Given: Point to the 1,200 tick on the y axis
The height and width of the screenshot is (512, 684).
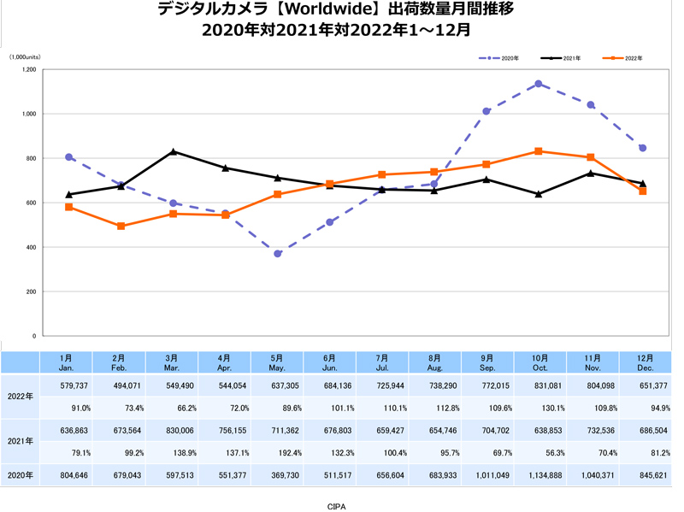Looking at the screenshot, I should coord(29,69).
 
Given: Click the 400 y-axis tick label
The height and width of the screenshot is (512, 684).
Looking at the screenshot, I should coord(31,247).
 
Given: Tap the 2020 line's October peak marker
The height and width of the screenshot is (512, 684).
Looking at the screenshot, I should coord(539,84).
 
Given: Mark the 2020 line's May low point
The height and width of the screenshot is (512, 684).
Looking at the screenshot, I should coord(278,254).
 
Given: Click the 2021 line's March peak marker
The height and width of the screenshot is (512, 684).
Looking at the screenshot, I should coord(174,151).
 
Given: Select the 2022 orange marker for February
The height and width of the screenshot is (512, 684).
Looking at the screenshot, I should coord(121,227).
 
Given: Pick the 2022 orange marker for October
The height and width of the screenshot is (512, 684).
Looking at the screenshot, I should coord(539,151).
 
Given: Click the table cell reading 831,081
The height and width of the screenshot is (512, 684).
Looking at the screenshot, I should coord(539,385).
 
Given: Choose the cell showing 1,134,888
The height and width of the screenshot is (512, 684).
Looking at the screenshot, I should coord(539,474).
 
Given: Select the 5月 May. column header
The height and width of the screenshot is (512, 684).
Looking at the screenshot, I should coord(278,362).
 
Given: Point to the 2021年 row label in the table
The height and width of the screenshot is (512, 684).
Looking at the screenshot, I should coord(20,440).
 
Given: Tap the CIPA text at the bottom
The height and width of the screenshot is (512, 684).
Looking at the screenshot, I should coord(337,506).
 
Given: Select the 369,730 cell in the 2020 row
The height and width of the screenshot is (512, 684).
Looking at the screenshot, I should coord(278,474).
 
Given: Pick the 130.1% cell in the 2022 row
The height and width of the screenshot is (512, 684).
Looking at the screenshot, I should coord(539,407).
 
